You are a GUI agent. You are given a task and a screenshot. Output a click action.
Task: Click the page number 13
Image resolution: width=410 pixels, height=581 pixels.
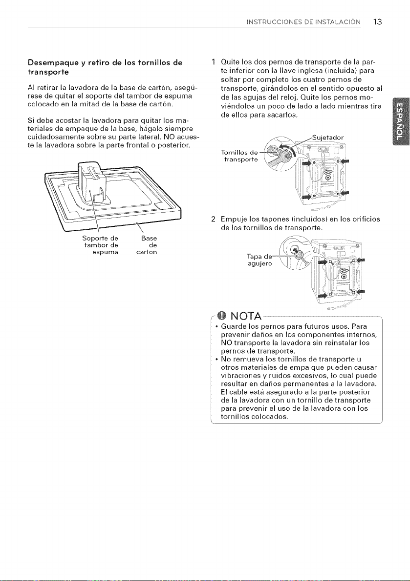[377, 21]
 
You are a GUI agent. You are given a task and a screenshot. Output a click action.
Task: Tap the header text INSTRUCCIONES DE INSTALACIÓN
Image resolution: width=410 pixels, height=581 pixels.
[303, 22]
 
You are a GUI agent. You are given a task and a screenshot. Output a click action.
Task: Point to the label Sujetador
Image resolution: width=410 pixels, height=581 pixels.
[328, 138]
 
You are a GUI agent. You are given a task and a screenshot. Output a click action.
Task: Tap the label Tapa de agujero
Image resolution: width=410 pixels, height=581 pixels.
[259, 260]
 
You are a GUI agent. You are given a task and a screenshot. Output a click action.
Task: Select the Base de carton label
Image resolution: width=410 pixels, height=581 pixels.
[147, 245]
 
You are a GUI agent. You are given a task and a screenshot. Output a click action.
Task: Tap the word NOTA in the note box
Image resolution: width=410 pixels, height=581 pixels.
[246, 317]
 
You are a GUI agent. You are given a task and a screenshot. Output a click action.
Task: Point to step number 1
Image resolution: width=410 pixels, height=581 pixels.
[213, 61]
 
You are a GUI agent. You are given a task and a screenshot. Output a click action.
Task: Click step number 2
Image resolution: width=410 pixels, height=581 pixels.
[213, 219]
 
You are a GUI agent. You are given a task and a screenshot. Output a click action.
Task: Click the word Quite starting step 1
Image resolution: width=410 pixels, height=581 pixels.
[230, 61]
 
